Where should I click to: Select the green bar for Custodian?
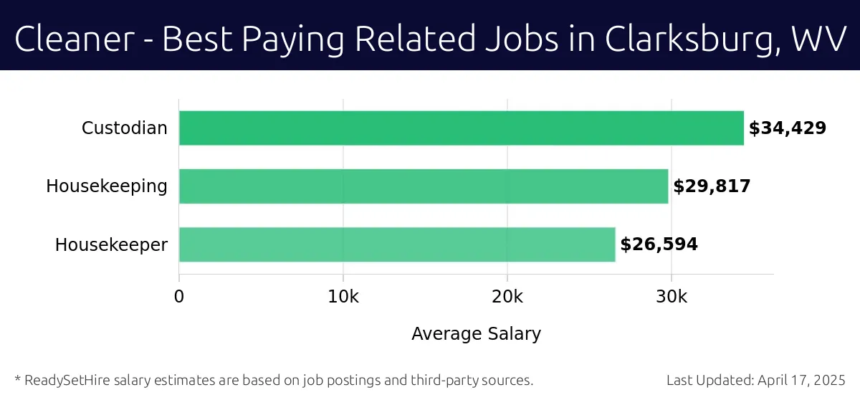pos(461,128)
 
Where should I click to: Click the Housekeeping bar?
pos(423,186)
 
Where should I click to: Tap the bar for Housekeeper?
pos(396,244)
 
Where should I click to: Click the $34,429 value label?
pos(788,128)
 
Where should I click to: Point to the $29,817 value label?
pos(712,186)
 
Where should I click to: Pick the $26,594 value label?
pos(659,244)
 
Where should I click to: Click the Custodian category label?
pos(124,128)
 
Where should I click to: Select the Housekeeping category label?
pos(107,186)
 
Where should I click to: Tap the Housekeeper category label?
pos(111,244)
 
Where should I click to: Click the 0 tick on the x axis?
pos(179,297)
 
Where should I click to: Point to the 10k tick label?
pos(343,297)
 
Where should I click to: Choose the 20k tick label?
pos(507,297)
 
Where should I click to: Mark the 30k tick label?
pos(672,297)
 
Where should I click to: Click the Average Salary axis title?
pos(476,333)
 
